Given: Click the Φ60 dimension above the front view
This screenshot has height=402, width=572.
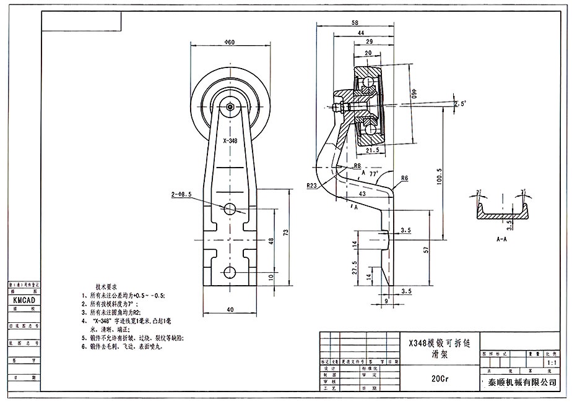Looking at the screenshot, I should pyautogui.click(x=230, y=42).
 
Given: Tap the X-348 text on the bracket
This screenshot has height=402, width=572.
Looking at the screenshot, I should pyautogui.click(x=230, y=141).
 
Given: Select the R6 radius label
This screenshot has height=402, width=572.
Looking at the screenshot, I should pyautogui.click(x=404, y=178).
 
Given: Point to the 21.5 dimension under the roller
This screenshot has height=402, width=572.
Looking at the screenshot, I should pyautogui.click(x=373, y=150).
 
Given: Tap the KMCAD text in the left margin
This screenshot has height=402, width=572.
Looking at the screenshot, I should pyautogui.click(x=24, y=299).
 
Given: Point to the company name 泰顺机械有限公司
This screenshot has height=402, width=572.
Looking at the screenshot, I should pyautogui.click(x=522, y=383).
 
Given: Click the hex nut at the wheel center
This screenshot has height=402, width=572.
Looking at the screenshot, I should pyautogui.click(x=230, y=106).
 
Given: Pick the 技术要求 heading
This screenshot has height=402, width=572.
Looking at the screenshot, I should pyautogui.click(x=107, y=287).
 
